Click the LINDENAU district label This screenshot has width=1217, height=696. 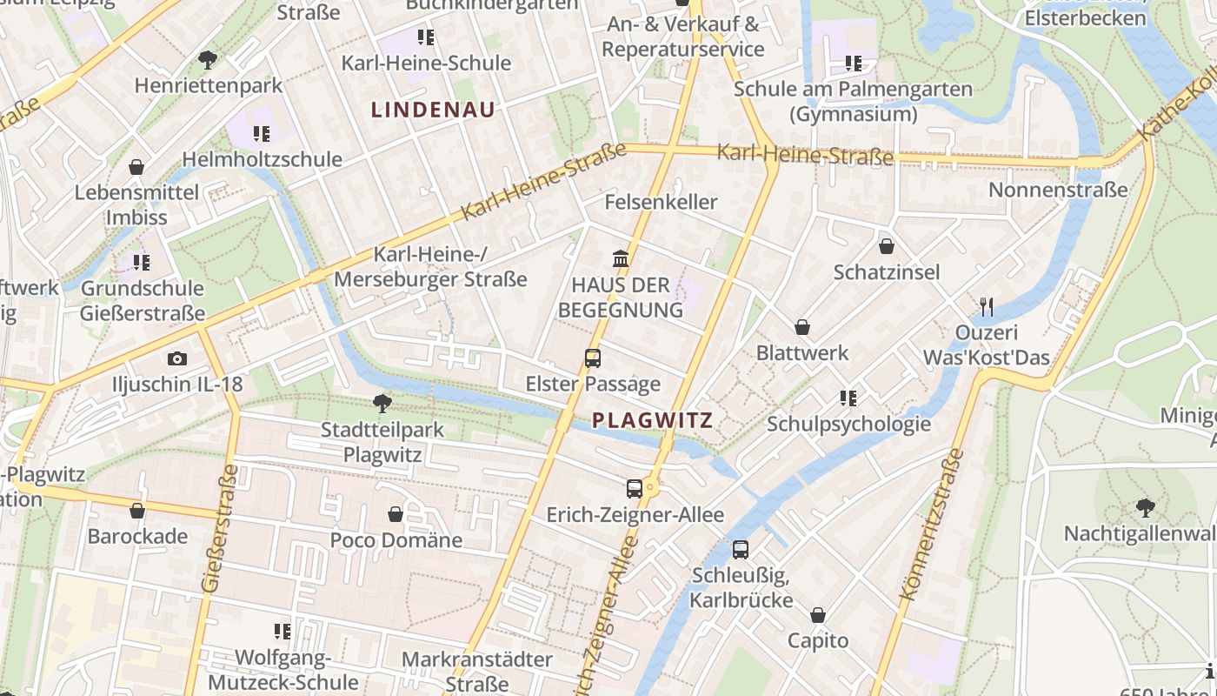[433, 110]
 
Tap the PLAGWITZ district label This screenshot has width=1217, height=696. [652, 421]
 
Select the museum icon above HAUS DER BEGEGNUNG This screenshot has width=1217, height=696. [621, 258]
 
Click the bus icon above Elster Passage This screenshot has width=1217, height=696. [593, 358]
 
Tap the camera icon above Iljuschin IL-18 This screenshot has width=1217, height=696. [177, 358]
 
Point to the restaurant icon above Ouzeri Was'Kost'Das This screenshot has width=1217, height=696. [986, 306]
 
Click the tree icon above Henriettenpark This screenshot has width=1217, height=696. [207, 59]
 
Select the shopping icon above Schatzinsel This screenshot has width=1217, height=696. [887, 246]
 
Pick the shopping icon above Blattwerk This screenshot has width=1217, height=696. [802, 327]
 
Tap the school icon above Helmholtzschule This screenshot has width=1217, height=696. [262, 133]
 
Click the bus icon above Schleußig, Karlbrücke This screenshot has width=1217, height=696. [741, 549]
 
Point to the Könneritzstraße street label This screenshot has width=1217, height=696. [932, 525]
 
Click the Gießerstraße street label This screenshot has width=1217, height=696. [218, 529]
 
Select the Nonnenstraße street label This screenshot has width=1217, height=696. [1058, 190]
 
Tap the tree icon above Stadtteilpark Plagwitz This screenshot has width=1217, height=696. [382, 403]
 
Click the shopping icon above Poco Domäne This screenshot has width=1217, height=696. [396, 514]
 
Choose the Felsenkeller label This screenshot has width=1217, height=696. [661, 202]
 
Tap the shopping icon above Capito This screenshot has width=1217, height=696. [818, 615]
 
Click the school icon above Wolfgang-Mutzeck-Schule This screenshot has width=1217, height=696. [283, 631]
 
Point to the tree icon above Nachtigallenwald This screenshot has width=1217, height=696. [1146, 506]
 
